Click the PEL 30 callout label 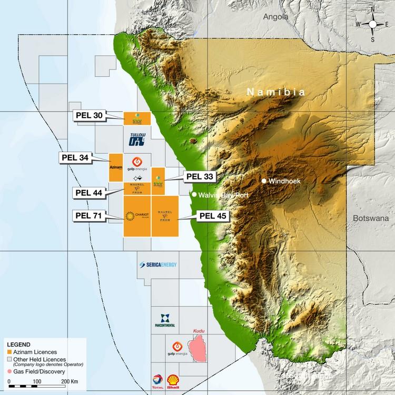coord(89,116)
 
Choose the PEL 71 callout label coord(90,215)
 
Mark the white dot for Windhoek coord(264,181)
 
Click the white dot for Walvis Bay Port coord(194,195)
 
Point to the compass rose coord(373,24)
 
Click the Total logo coord(156,380)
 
